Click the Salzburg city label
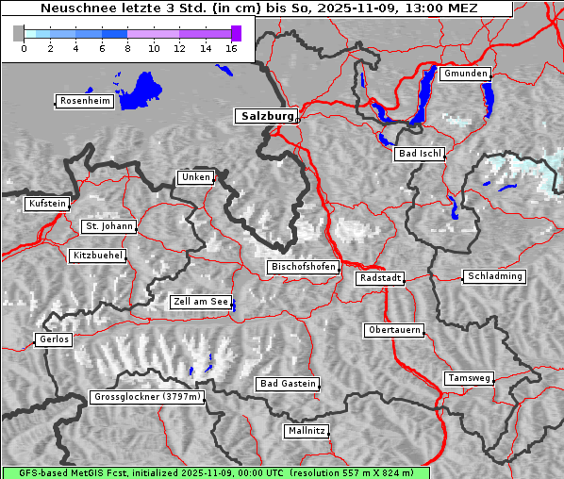[265, 116]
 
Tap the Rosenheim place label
[85, 101]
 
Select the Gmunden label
[465, 74]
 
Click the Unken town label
[195, 177]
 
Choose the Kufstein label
[46, 204]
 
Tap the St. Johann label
[109, 226]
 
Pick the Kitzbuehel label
[97, 256]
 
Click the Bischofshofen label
[303, 267]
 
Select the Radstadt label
[380, 278]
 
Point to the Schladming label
[494, 276]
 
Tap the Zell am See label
[200, 303]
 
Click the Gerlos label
[54, 339]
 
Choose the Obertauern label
[393, 330]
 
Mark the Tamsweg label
[468, 378]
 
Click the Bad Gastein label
[288, 384]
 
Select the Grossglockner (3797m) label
[147, 397]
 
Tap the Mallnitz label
[307, 431]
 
